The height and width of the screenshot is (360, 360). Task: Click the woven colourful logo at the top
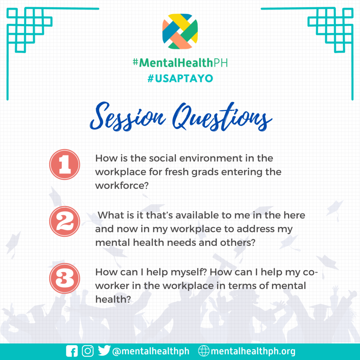point(180,31)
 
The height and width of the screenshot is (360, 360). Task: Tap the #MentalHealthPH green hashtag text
point(180,63)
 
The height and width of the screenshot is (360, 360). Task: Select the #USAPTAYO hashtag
point(180,78)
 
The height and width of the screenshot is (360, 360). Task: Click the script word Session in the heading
point(128,117)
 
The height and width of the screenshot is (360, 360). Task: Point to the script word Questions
point(222,117)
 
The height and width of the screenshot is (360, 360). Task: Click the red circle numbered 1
point(65,165)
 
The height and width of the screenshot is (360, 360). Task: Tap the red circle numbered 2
point(65,221)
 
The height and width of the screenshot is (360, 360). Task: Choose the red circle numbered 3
point(65,278)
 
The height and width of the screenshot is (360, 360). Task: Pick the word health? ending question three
point(113,300)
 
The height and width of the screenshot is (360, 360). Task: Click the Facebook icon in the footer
point(72,351)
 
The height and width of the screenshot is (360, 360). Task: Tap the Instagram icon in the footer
point(88,351)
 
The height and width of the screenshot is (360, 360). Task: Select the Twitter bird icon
point(104,351)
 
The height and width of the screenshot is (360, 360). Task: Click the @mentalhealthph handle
point(151,351)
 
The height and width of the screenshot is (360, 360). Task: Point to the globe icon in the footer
point(204,351)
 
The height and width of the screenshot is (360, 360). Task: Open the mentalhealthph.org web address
point(253,351)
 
